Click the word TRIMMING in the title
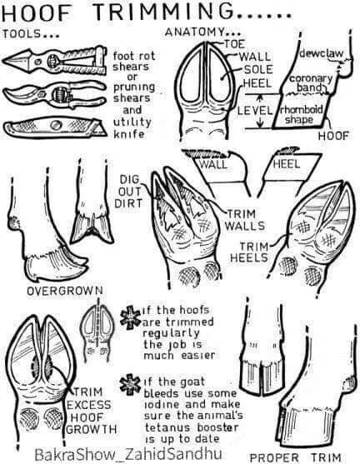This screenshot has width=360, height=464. click(x=163, y=12)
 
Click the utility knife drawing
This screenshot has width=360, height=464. click(x=56, y=127)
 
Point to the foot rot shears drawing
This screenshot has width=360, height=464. click(x=55, y=61)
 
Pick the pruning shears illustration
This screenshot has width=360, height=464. click(x=55, y=94)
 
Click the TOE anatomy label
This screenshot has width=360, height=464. click(x=234, y=44)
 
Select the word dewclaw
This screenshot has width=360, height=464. click(x=322, y=53)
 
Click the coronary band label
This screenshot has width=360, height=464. click(x=311, y=82)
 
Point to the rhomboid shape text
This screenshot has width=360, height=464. click(x=302, y=114)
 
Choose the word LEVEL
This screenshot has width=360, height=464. click(x=255, y=111)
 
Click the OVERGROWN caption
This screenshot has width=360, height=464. click(x=65, y=291)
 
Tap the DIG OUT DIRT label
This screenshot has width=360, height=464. click(x=129, y=191)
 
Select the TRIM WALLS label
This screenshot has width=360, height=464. click(x=244, y=220)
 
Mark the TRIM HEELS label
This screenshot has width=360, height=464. click(x=249, y=252)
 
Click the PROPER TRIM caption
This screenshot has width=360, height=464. click(x=295, y=457)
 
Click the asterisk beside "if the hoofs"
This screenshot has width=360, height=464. click(x=130, y=318)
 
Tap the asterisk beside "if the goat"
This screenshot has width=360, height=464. click(x=130, y=384)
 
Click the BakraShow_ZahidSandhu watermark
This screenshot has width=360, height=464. click(x=128, y=454)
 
